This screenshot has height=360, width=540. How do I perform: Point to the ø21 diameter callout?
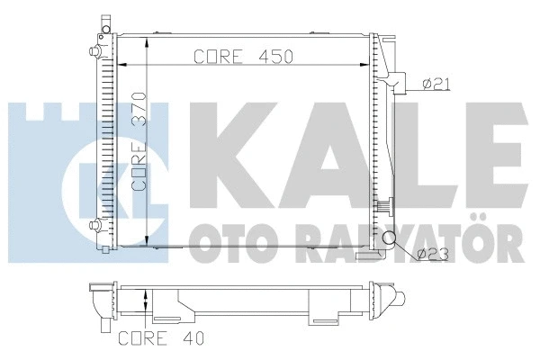pos(437,85)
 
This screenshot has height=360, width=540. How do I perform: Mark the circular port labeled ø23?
pos(390,238)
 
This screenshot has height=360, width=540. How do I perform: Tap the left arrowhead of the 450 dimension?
pos(125,66)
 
